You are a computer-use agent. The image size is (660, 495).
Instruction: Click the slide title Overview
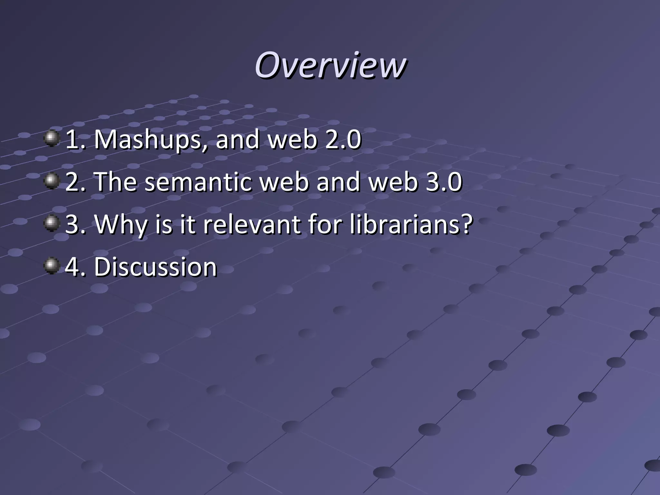330,65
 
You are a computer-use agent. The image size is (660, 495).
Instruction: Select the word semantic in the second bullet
198,182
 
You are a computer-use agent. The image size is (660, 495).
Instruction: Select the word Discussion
155,267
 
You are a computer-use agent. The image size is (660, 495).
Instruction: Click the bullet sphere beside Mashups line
52,139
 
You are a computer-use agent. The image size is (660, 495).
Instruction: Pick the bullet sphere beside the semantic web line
52,181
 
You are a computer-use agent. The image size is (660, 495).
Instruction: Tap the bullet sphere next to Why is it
52,223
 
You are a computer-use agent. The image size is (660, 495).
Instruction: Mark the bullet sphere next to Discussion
52,266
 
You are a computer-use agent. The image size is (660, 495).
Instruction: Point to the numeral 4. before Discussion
75,267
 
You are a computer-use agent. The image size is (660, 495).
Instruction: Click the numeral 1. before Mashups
75,140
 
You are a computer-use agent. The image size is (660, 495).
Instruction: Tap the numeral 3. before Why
75,225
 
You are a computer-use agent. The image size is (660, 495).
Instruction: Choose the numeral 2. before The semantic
75,182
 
